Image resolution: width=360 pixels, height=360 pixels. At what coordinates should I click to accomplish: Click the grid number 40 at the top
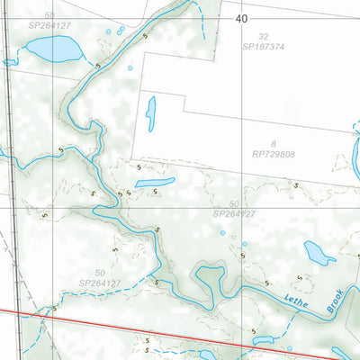pyautogui.click(x=241, y=18)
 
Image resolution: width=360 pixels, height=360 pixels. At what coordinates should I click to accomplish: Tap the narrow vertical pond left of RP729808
pyautogui.click(x=151, y=113)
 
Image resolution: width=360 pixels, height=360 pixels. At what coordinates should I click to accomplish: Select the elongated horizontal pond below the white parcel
pyautogui.click(x=155, y=183)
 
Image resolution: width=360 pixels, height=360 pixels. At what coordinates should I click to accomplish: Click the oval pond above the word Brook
pyautogui.click(x=319, y=254)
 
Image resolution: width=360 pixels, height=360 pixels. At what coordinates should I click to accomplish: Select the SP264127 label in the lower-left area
pyautogui.click(x=100, y=283)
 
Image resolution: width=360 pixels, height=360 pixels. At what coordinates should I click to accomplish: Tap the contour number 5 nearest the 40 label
pyautogui.click(x=147, y=36)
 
